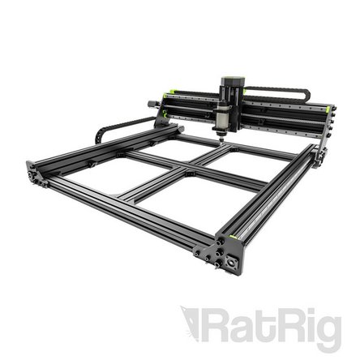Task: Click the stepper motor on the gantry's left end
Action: [x=154, y=104]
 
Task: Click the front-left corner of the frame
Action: [x=35, y=173]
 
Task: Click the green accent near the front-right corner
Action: [x=229, y=237]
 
